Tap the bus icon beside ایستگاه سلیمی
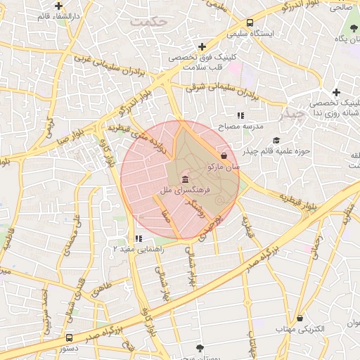click(251, 22)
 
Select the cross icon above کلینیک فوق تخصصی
click(202, 46)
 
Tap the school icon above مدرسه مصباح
click(240, 115)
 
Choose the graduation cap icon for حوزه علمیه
click(276, 141)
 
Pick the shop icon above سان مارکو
click(224, 155)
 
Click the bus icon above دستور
click(69, 337)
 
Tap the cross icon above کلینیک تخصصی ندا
click(336, 92)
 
